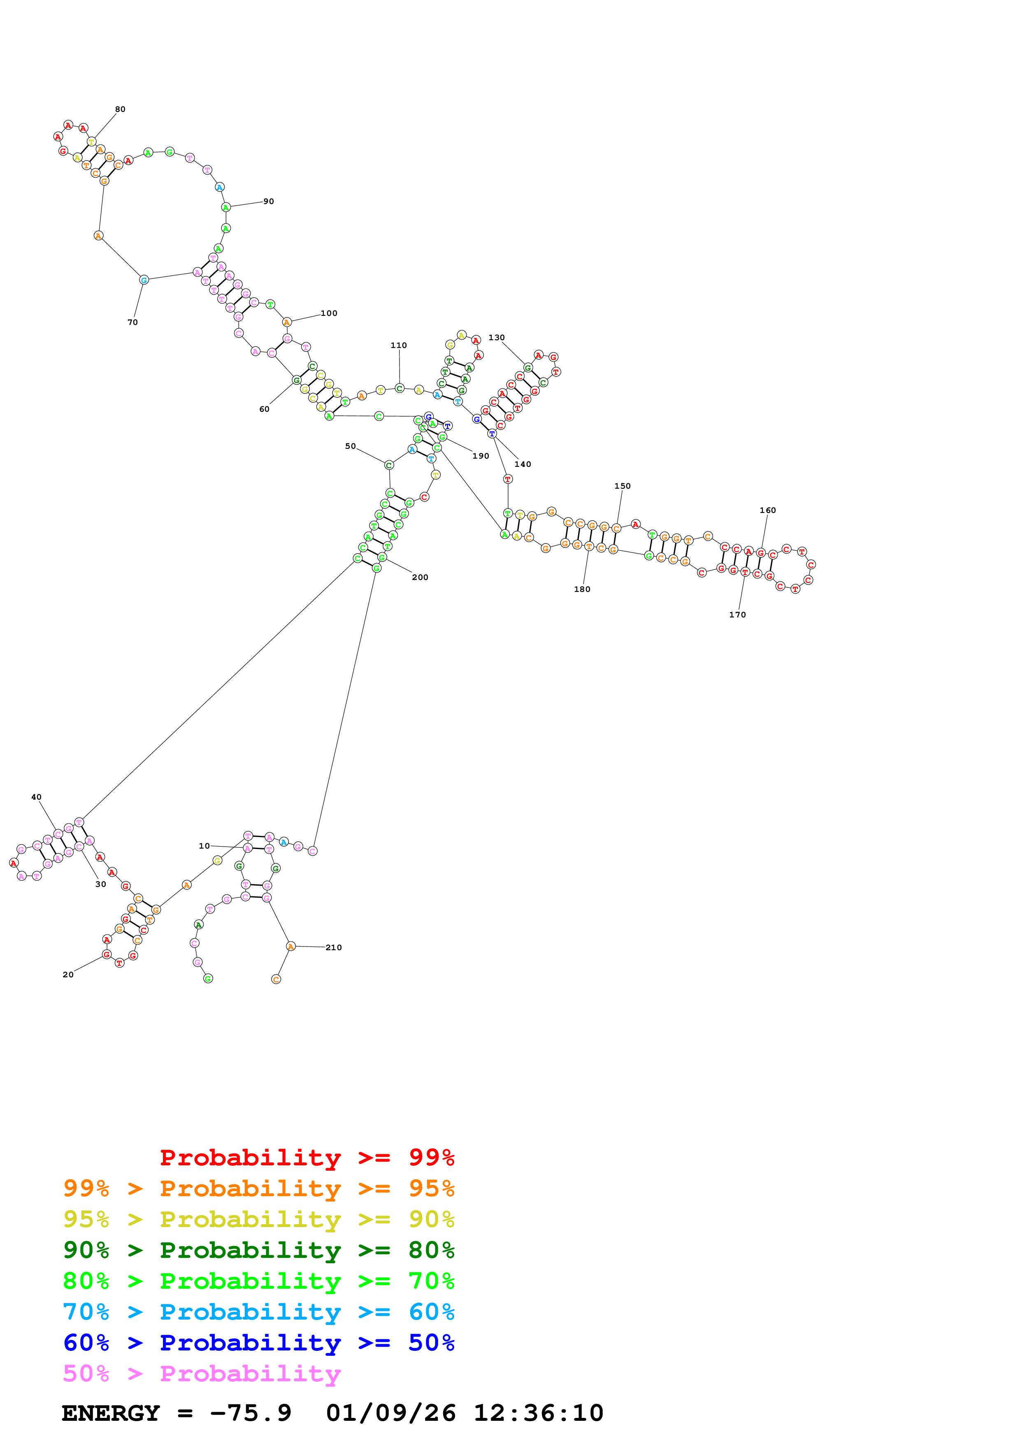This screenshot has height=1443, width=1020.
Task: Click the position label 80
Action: click(120, 109)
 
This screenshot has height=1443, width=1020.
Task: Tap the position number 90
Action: click(268, 202)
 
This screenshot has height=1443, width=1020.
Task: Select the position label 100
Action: click(329, 313)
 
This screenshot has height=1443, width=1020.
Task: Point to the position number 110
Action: click(398, 346)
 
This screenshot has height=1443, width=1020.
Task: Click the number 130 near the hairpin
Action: click(497, 337)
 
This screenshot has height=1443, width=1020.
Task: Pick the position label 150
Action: click(622, 486)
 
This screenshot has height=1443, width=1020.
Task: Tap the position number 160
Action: click(767, 510)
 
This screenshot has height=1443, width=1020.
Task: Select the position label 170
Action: click(737, 615)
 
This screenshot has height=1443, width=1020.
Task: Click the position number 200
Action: click(420, 578)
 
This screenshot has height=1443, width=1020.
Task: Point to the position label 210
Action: click(334, 948)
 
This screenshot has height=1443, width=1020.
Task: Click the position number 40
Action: click(37, 797)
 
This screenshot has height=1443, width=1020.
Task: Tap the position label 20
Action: click(68, 975)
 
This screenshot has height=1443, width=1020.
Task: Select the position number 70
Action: click(132, 322)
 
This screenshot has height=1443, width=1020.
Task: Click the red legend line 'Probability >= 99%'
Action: click(307, 1158)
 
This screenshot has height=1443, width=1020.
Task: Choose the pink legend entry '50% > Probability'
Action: click(201, 1374)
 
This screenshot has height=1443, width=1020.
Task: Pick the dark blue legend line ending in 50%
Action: click(258, 1343)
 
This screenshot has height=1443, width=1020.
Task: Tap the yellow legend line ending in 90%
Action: click(258, 1219)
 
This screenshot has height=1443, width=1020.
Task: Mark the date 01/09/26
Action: click(390, 1413)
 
